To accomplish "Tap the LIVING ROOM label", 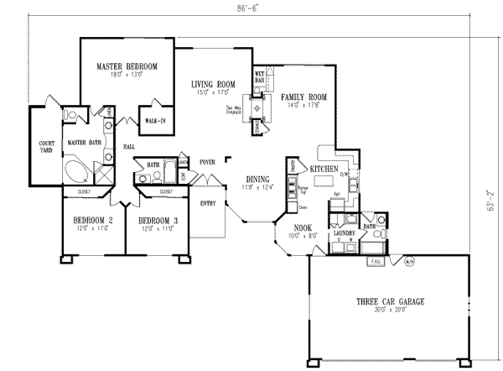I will [211, 84].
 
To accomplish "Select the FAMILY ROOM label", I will [303, 97].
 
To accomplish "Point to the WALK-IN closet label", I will [155, 121].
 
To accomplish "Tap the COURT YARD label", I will [46, 148].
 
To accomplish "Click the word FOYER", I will [207, 161].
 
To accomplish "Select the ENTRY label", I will [208, 202].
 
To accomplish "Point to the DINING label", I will [257, 179].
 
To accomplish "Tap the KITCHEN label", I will [324, 170].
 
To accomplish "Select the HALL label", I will [128, 147].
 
